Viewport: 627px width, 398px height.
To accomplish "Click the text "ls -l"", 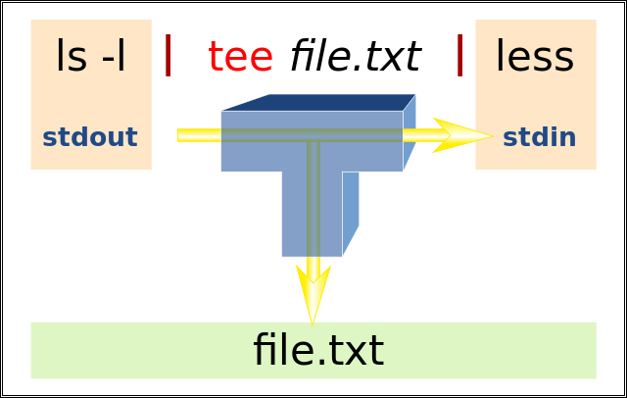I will click(x=90, y=57).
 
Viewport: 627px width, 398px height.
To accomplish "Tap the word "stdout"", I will click(x=90, y=137).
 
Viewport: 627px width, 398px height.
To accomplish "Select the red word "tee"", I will click(x=240, y=57).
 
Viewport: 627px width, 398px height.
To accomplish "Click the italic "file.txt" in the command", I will click(x=355, y=57).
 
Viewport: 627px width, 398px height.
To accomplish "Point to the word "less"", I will click(x=534, y=57).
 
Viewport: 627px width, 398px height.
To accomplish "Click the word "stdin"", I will click(x=539, y=137).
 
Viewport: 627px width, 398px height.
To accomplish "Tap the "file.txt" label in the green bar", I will click(x=317, y=350).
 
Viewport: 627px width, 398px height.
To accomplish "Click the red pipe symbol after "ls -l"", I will click(x=169, y=55).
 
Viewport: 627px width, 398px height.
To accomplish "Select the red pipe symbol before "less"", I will click(x=459, y=55).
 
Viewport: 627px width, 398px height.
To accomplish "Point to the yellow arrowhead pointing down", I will click(x=313, y=294).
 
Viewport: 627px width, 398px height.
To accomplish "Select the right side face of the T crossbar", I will click(x=410, y=132).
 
